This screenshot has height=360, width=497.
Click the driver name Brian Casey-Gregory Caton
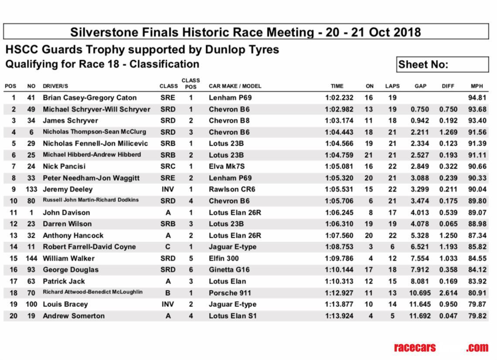89,98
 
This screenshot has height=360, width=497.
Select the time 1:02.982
339,109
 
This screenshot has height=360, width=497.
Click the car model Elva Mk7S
227,166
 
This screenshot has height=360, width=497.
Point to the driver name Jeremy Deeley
68,190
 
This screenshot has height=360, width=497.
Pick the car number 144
31,258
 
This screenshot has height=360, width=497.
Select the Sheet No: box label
423,65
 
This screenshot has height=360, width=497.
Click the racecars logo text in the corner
415,347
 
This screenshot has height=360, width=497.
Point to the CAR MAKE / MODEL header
235,86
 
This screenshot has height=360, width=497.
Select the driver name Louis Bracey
65,304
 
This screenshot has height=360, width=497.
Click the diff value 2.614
448,293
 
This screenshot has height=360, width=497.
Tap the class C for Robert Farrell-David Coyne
168,247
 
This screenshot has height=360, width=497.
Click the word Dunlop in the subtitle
224,49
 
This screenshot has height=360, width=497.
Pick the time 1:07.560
339,235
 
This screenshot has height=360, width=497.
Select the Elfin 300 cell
224,258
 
